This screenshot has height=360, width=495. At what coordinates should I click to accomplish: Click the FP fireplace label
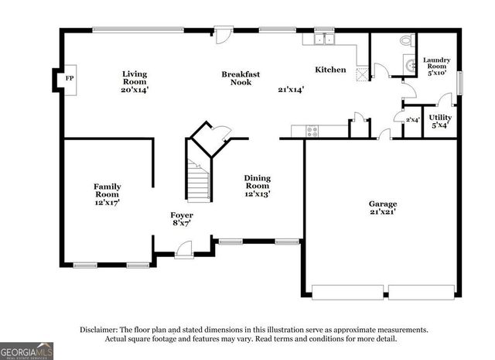pos(69,79)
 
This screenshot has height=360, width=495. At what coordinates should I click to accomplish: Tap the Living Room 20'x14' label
pos(134,81)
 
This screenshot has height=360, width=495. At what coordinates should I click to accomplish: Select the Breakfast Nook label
pos(241,78)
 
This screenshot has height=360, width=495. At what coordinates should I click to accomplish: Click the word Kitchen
pos(330,70)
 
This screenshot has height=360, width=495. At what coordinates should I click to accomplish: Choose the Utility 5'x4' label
pos(440,121)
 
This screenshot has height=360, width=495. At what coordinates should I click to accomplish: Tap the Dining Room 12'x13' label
pos(258,185)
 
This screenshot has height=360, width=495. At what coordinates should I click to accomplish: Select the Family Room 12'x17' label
pos(107,194)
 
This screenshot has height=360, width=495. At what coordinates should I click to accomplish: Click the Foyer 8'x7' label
pos(182,218)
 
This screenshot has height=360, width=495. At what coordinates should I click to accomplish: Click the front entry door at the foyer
pos(184,250)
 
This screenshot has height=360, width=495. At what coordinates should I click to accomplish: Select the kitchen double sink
pos(324,39)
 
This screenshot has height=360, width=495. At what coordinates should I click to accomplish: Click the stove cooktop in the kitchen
pos(312,131)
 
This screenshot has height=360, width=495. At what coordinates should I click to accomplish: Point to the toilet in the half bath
pos(406,41)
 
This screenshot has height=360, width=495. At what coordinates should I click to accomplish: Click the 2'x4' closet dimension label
pos(412,120)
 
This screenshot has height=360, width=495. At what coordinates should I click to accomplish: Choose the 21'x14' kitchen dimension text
pos(291,89)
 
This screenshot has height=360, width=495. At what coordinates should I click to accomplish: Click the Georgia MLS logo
pos(27,351)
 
